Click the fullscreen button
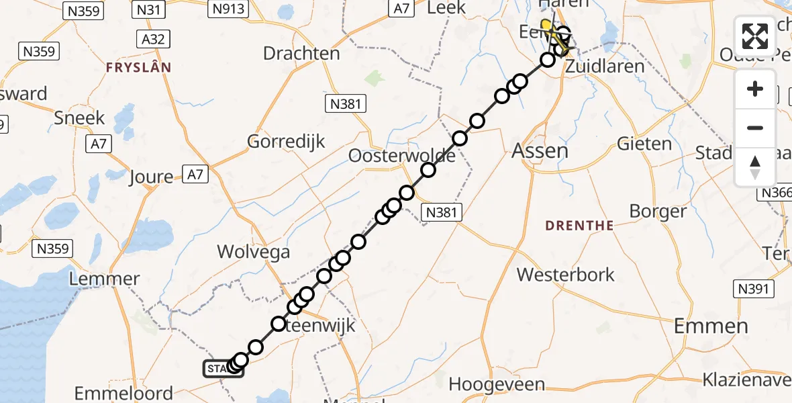coord(755,36)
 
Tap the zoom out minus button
coord(755,128)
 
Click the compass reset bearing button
coord(755,167)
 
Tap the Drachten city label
coord(301,53)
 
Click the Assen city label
coord(540,150)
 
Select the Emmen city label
coord(710,326)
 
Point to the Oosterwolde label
coord(401,156)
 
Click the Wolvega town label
coord(253,252)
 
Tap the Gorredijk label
coord(286,141)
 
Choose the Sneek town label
coord(80,118)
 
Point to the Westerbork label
coord(566,274)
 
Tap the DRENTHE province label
coord(579,226)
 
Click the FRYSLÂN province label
coord(138,67)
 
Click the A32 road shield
coord(153,38)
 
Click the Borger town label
coord(658,211)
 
